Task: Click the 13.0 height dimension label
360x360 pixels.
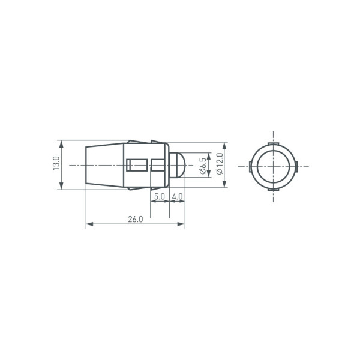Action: coord(55,164)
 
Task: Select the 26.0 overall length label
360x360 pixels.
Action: coord(135,219)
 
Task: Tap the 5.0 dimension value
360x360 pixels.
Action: coord(159,197)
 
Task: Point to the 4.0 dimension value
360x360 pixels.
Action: coord(178,197)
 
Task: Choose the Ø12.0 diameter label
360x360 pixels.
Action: coord(219,164)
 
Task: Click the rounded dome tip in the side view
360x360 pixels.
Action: coord(178,165)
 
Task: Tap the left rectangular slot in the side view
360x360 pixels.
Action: coord(137,165)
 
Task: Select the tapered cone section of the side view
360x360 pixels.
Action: coord(104,165)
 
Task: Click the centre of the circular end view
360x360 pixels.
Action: coord(273,166)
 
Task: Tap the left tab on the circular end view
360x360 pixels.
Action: coord(250,166)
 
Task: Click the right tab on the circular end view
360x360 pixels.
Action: coord(296,166)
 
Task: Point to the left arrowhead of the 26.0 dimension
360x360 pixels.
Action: coord(89,224)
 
